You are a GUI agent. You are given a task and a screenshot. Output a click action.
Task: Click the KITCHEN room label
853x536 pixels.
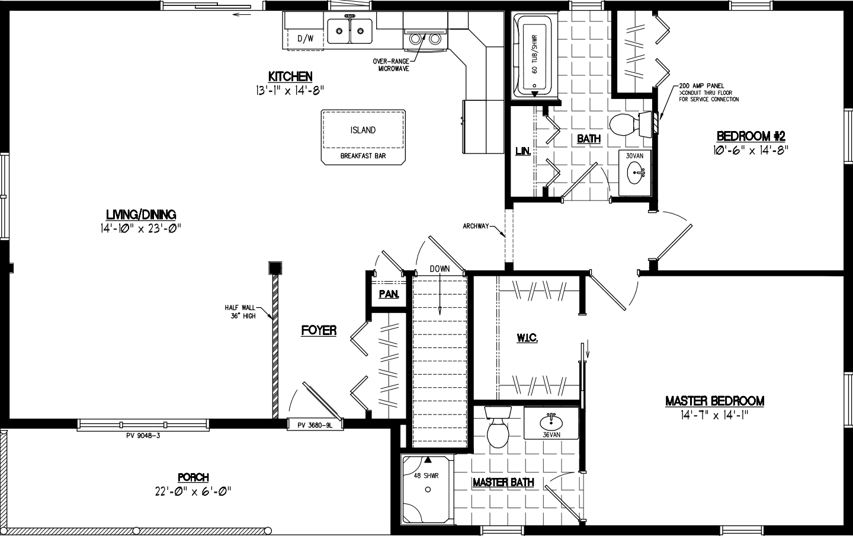pyautogui.click(x=290, y=76)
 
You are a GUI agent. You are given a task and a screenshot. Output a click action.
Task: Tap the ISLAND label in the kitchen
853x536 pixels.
pyautogui.click(x=363, y=130)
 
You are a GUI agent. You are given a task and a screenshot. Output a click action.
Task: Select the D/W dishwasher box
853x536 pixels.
pyautogui.click(x=305, y=39)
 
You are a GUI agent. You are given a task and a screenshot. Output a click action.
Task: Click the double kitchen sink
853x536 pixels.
pyautogui.click(x=349, y=31)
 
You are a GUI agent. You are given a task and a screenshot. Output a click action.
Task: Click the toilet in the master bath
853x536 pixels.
pyautogui.click(x=496, y=430)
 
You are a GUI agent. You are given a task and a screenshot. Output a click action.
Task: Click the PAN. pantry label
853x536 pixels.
pyautogui.click(x=389, y=294)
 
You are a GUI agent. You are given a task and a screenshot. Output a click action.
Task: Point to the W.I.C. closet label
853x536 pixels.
pyautogui.click(x=526, y=337)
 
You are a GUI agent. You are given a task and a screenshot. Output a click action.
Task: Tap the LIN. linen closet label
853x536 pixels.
pyautogui.click(x=522, y=152)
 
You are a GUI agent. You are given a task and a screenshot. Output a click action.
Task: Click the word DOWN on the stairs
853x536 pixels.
pyautogui.click(x=440, y=269)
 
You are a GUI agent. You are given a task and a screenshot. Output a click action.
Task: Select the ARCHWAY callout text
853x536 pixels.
pyautogui.click(x=476, y=226)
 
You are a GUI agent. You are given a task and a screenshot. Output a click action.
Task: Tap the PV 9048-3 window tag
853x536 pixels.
pyautogui.click(x=143, y=435)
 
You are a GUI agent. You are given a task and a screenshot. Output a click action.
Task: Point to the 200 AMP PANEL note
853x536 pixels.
pyautogui.click(x=701, y=86)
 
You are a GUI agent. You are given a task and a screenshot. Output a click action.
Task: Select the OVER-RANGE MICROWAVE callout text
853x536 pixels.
pyautogui.click(x=391, y=65)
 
